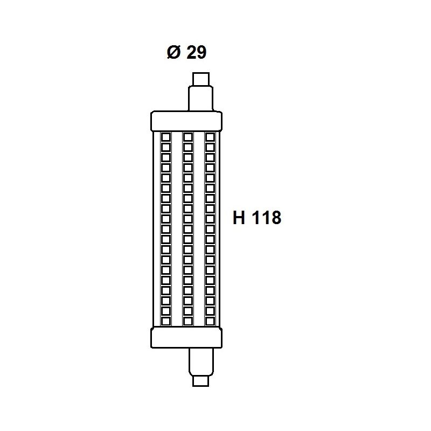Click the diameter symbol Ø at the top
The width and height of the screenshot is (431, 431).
coord(173,52)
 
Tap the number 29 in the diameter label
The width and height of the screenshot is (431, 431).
coord(196,52)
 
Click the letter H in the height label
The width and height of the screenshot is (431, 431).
coord(239,218)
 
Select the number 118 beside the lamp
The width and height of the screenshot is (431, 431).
coord(266,218)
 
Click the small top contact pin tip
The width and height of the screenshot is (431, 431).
coord(201,79)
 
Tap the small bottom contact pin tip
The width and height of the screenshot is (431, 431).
coord(200,381)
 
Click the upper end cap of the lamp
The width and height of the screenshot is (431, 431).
coord(186,121)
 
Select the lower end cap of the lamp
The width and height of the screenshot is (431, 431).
coord(186,338)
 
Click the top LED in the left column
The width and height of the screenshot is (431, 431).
coord(166,137)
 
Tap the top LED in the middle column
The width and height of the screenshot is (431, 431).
coord(187,137)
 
